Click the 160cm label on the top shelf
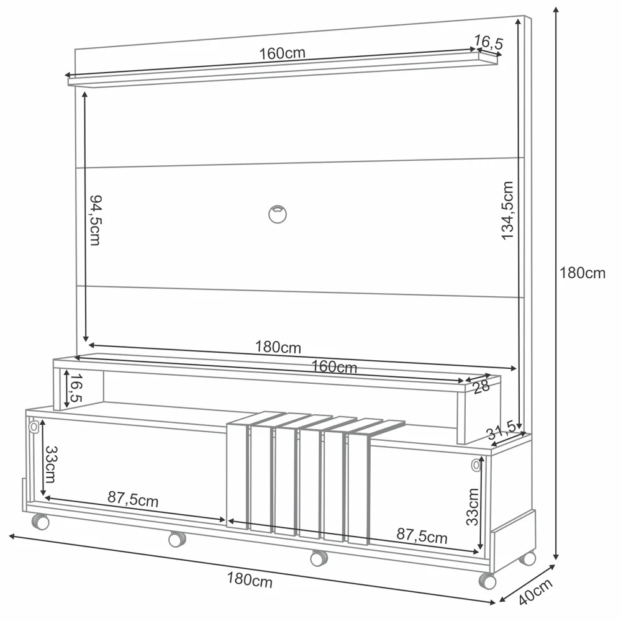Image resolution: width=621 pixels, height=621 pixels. [282, 53]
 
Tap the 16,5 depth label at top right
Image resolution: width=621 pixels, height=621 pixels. [488, 42]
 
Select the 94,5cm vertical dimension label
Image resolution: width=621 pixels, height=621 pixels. [94, 220]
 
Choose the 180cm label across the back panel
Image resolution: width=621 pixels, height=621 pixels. [278, 347]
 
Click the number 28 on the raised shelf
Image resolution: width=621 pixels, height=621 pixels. [481, 387]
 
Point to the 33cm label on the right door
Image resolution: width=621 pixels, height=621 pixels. [473, 507]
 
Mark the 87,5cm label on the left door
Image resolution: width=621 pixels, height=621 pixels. [132, 499]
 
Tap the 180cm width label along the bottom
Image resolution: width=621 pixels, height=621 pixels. [249, 580]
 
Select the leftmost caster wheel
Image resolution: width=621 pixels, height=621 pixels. [41, 522]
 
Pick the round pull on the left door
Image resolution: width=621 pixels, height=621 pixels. [34, 428]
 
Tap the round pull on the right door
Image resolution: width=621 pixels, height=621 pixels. [476, 465]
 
